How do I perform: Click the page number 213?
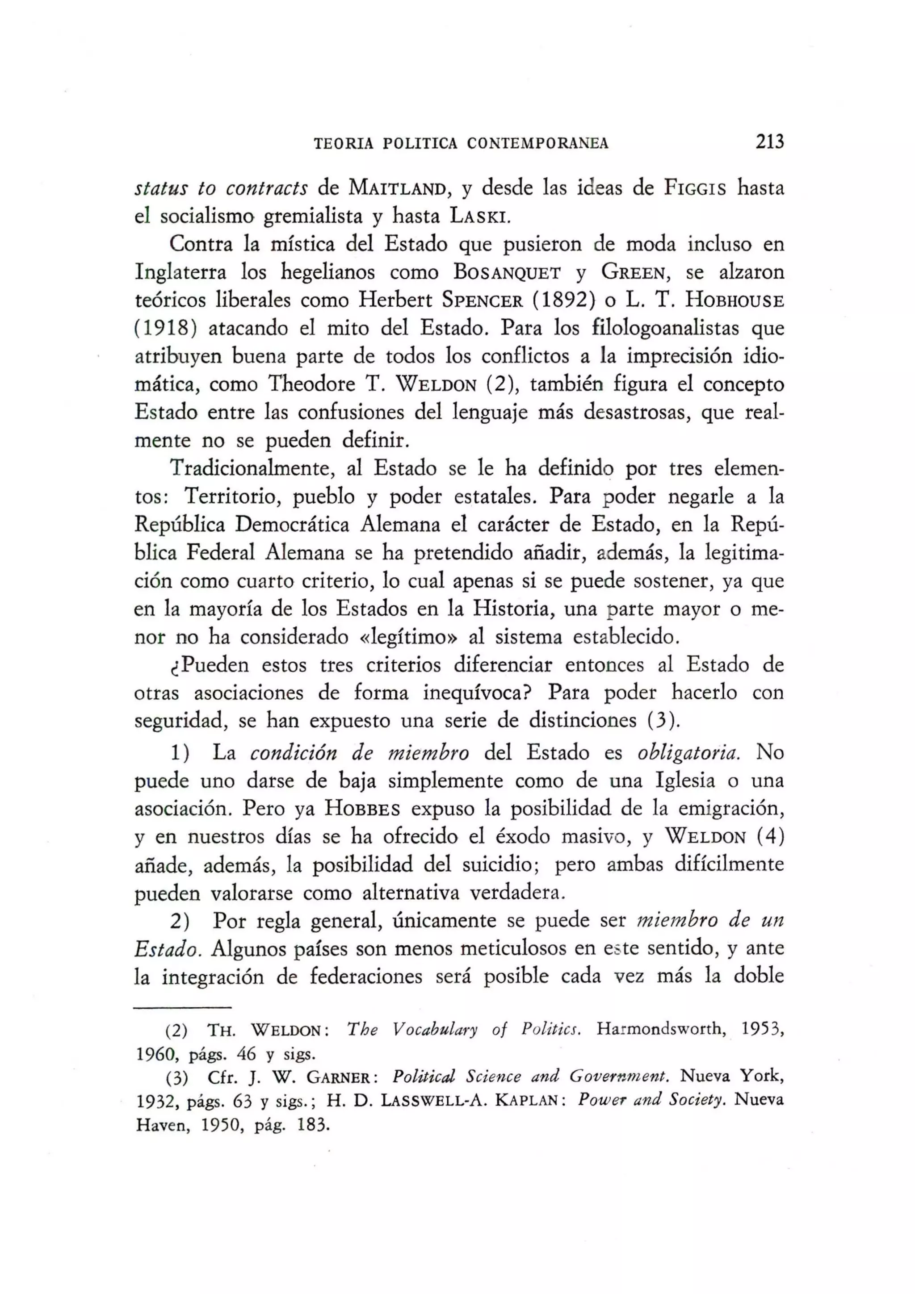pyautogui.click(x=769, y=142)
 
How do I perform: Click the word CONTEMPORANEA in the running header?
pyautogui.click(x=538, y=144)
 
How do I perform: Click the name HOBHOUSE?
pyautogui.click(x=735, y=300)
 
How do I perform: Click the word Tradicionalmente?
pyautogui.click(x=246, y=468)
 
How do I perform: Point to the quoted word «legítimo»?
pyautogui.click(x=409, y=637)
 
